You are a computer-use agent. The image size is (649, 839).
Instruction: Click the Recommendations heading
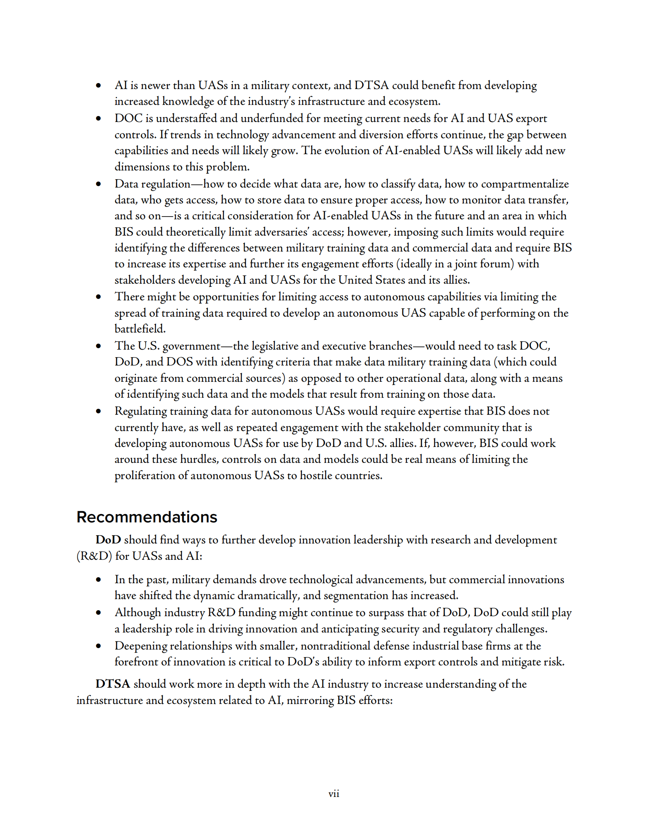click(147, 517)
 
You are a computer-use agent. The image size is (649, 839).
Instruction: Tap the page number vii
click(334, 794)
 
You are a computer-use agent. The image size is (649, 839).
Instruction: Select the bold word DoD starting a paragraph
click(108, 539)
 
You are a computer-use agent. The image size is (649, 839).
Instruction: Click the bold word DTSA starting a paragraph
click(113, 684)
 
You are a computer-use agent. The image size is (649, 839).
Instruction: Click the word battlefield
click(140, 329)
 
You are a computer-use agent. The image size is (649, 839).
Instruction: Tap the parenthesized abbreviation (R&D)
click(94, 556)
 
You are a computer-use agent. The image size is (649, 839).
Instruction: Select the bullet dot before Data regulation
click(98, 184)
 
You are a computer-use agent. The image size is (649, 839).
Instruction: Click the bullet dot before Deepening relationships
click(98, 646)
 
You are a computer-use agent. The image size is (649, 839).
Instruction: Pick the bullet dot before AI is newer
click(98, 85)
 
